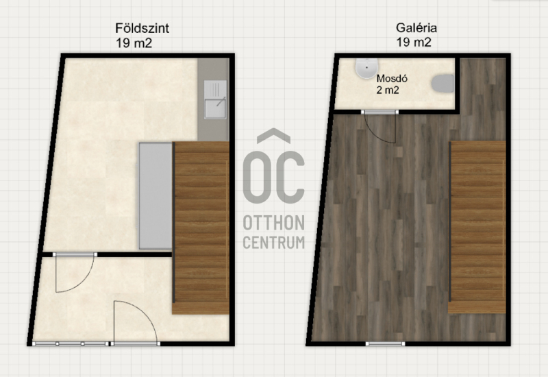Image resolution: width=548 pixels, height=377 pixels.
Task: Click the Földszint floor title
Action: coord(142,28)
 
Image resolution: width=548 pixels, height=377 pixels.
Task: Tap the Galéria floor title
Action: coord(416,27)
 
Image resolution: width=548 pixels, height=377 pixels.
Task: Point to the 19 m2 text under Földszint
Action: coord(134,43)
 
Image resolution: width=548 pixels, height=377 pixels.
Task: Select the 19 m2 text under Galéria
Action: coord(414,42)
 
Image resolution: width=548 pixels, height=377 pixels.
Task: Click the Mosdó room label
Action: coord(392,78)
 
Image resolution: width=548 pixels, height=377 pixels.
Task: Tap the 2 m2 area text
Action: coord(388,90)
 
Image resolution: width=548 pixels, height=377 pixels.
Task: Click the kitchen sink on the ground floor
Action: coord(215,99)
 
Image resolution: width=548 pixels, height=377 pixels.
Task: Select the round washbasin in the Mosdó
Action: coord(366,68)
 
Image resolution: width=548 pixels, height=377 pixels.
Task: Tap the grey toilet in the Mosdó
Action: coord(443,84)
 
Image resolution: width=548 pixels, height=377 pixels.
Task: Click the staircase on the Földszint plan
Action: coord(201,228)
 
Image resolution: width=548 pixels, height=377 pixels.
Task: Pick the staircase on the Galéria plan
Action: coord(477,228)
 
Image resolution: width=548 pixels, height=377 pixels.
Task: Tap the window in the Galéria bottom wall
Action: coord(385,344)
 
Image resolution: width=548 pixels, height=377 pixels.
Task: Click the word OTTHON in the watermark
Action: coord(273,223)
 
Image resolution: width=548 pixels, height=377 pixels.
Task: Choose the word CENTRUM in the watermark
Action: coord(273,243)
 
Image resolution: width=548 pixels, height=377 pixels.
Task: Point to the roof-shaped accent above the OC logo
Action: coord(273,136)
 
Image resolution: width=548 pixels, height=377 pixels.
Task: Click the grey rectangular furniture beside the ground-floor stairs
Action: coord(155,196)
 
